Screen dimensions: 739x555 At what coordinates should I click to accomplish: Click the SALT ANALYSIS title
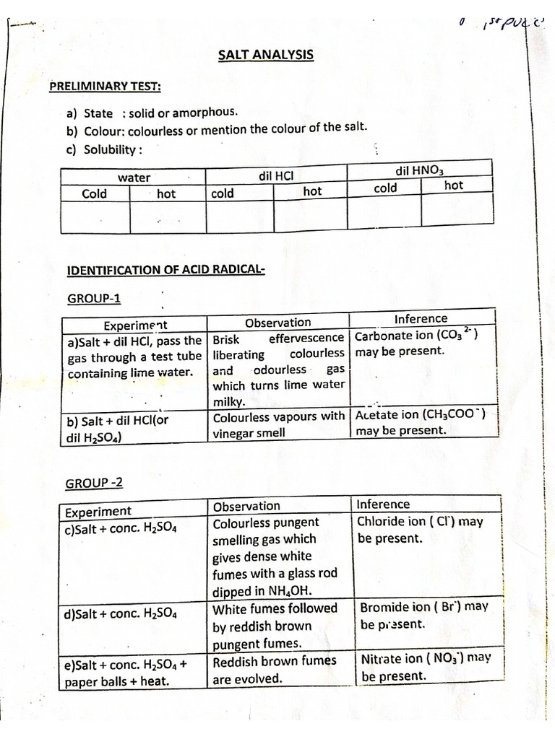point(266,54)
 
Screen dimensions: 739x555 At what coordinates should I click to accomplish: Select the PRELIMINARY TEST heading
point(105,87)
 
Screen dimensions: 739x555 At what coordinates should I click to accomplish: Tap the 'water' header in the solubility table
point(134,178)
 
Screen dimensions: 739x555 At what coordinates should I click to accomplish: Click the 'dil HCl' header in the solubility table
point(275,175)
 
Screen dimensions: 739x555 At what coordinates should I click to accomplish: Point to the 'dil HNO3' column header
point(419,170)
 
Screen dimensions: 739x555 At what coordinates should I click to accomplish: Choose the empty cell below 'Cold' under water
point(95,217)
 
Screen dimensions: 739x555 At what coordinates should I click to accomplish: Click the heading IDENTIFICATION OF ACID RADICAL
point(165,270)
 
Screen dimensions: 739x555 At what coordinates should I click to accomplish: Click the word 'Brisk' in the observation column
point(226,338)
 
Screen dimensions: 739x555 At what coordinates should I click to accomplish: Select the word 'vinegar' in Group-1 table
point(238,433)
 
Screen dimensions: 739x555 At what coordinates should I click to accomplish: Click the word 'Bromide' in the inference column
point(384,608)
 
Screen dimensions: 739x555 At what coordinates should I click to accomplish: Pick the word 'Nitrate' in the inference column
point(383,659)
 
